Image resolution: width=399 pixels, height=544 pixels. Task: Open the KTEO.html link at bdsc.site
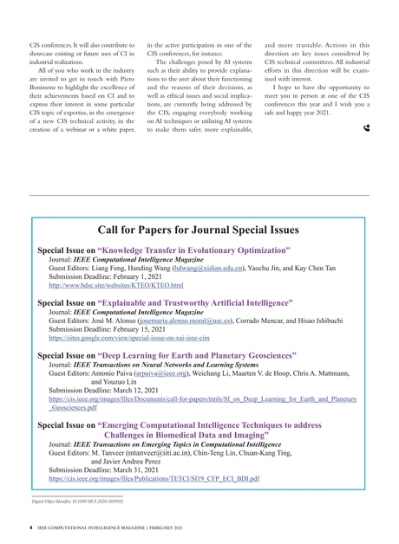(x=115, y=284)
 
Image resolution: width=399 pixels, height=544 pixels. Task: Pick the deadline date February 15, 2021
(x=143, y=330)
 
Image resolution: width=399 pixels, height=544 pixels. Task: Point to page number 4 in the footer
(x=31, y=528)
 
